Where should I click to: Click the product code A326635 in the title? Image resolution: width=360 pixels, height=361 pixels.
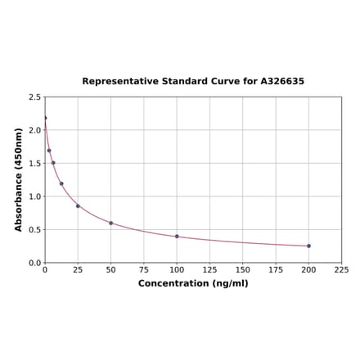coord(282,82)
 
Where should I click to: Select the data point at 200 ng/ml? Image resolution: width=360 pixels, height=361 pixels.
coord(308,246)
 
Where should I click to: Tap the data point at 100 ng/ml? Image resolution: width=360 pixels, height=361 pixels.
coord(177,236)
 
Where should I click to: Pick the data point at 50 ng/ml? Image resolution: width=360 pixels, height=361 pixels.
coord(111,223)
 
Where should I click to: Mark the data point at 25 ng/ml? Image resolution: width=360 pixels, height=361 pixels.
coord(78,205)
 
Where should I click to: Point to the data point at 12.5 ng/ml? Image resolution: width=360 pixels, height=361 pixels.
coord(61,183)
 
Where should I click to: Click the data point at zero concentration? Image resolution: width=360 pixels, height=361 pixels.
coord(45,118)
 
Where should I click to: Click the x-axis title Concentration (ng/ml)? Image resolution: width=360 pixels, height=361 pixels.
coord(193,283)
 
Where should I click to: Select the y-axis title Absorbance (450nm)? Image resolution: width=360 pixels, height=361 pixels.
coord(19,179)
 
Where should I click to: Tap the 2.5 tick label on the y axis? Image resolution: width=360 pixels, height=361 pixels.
coord(34,97)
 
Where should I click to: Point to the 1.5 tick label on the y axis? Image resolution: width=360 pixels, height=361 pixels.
coord(34,164)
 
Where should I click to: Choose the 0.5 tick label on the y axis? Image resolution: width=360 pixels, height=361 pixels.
coord(34,230)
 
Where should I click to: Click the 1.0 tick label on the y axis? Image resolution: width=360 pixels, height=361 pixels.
coord(34,196)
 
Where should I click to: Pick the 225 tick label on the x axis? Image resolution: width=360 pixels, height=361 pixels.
coord(342,269)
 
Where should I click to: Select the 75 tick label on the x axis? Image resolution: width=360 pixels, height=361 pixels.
coord(144,269)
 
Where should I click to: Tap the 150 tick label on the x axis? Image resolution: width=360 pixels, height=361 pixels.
coord(243,269)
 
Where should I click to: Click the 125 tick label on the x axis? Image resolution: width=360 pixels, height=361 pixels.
coord(210,269)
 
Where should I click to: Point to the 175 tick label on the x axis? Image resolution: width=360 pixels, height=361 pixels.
coord(276,269)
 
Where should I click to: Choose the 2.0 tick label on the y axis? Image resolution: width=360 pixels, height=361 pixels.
coord(34,130)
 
